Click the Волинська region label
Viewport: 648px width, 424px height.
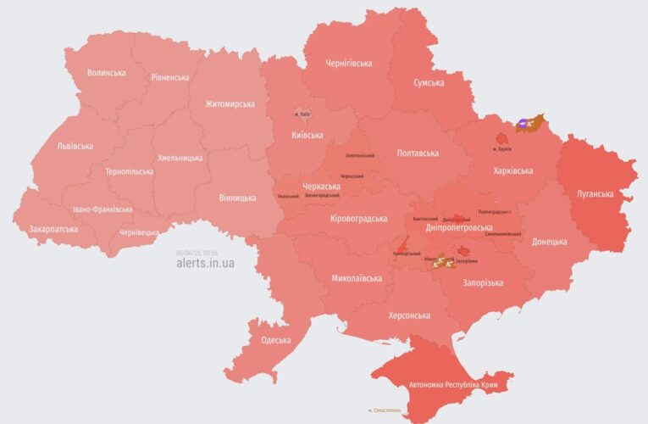106,73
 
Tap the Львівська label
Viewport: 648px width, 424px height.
75,146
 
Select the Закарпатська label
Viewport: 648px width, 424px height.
53,229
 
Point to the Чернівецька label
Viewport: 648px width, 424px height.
139,232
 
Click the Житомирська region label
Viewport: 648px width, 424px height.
230,104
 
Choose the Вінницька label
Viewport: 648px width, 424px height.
237,198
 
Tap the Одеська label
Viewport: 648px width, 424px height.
275,340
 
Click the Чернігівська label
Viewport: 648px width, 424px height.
351,64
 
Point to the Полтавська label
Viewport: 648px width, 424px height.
418,153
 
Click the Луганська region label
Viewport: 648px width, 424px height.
595,194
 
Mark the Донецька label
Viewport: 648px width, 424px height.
549,242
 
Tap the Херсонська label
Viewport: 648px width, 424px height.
408,315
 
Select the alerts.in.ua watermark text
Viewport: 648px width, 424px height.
205,264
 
